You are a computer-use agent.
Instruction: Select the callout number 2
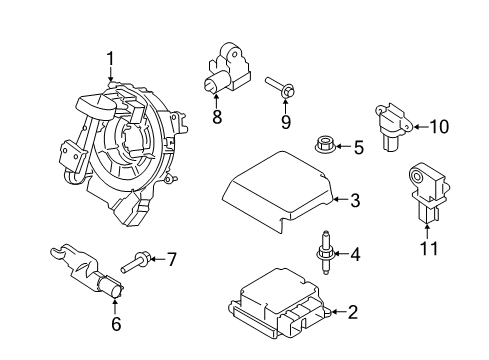(x=352, y=312)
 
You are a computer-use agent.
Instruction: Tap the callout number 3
(x=355, y=201)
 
